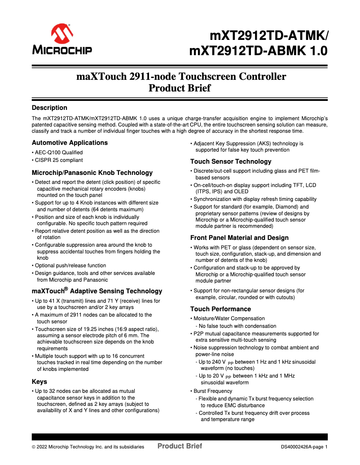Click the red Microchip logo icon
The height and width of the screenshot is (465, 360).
[x=62, y=35]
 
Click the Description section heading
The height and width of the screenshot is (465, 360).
[x=49, y=108]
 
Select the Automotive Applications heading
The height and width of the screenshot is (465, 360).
[x=70, y=143]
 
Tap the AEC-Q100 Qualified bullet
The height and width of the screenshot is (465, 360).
[x=58, y=152]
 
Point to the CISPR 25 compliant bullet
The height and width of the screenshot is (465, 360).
[x=58, y=160]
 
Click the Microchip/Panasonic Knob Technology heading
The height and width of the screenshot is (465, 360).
[x=92, y=173]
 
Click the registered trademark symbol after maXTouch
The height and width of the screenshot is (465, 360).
[x=66, y=289]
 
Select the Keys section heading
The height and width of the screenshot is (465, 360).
[x=40, y=382]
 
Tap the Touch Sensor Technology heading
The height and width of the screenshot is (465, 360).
[x=231, y=161]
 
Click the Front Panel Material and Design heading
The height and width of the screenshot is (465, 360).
[x=239, y=238]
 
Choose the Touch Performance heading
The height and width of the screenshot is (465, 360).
[x=220, y=309]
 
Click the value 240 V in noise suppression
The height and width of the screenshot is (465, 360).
[x=216, y=362]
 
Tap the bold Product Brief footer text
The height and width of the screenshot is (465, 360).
[x=180, y=446]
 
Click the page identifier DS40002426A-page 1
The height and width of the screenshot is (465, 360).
[x=304, y=447]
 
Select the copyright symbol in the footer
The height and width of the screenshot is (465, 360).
[x=34, y=447]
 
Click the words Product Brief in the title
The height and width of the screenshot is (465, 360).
[x=180, y=88]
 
